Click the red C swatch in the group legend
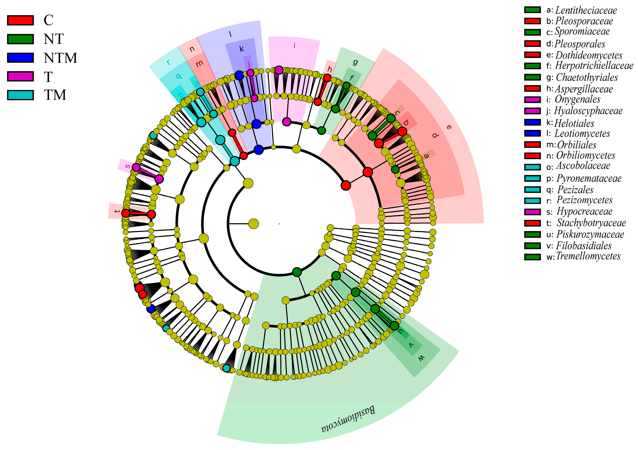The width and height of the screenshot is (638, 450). pyautogui.click(x=20, y=20)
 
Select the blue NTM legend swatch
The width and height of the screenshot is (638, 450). pyautogui.click(x=20, y=58)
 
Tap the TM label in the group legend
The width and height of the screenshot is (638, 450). pyautogui.click(x=55, y=95)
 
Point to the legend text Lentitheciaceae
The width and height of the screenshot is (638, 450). pyautogui.click(x=586, y=10)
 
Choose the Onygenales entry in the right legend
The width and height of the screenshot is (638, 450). pyautogui.click(x=577, y=99)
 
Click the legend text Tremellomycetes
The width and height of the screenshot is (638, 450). pyautogui.click(x=588, y=256)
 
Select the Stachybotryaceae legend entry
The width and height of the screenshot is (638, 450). pyautogui.click(x=591, y=223)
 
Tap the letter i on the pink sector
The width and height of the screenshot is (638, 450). pyautogui.click(x=295, y=45)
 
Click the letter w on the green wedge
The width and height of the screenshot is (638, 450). pyautogui.click(x=421, y=358)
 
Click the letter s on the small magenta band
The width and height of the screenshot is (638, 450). pyautogui.click(x=128, y=166)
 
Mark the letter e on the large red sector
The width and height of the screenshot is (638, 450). pyautogui.click(x=449, y=127)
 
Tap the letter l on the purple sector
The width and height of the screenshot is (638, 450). pyautogui.click(x=230, y=34)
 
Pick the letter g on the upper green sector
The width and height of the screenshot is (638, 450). pyautogui.click(x=355, y=62)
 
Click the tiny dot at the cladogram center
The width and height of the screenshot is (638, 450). pyautogui.click(x=279, y=224)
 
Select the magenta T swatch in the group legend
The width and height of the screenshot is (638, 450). pyautogui.click(x=20, y=76)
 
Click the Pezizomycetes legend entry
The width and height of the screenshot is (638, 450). pyautogui.click(x=584, y=200)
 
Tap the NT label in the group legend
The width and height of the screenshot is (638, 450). pyautogui.click(x=54, y=39)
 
